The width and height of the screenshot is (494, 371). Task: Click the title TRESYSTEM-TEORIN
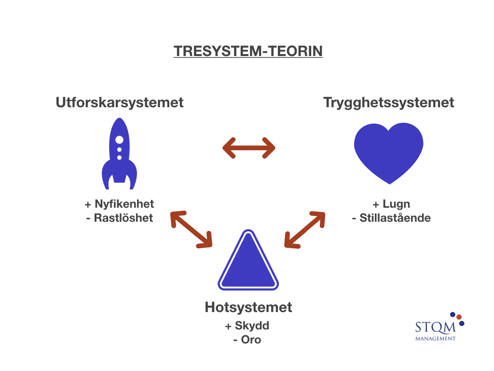tap(248, 51)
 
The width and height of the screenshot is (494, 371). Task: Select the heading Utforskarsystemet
tap(120, 102)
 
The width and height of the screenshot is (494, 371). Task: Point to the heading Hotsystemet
tap(248, 307)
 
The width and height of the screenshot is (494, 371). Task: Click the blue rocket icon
tap(120, 154)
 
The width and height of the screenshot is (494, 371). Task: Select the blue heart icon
tap(389, 153)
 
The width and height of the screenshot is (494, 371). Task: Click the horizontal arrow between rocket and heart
tap(249, 148)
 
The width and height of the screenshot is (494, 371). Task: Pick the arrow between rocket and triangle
tap(191, 229)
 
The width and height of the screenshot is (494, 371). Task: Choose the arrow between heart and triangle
tap(305, 229)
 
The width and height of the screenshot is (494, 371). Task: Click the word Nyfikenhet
tap(124, 204)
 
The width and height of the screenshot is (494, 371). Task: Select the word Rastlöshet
tap(123, 218)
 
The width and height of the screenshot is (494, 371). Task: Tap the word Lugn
tap(397, 204)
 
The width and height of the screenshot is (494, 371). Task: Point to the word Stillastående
tap(395, 218)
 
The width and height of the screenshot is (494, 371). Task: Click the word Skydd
tap(252, 326)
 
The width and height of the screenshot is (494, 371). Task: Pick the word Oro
tap(251, 340)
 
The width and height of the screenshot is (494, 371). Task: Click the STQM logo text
tap(436, 327)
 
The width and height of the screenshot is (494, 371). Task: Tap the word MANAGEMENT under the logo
tap(436, 339)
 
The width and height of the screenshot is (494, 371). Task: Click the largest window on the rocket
tap(120, 140)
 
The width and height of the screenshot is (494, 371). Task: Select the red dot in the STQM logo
tap(459, 317)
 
